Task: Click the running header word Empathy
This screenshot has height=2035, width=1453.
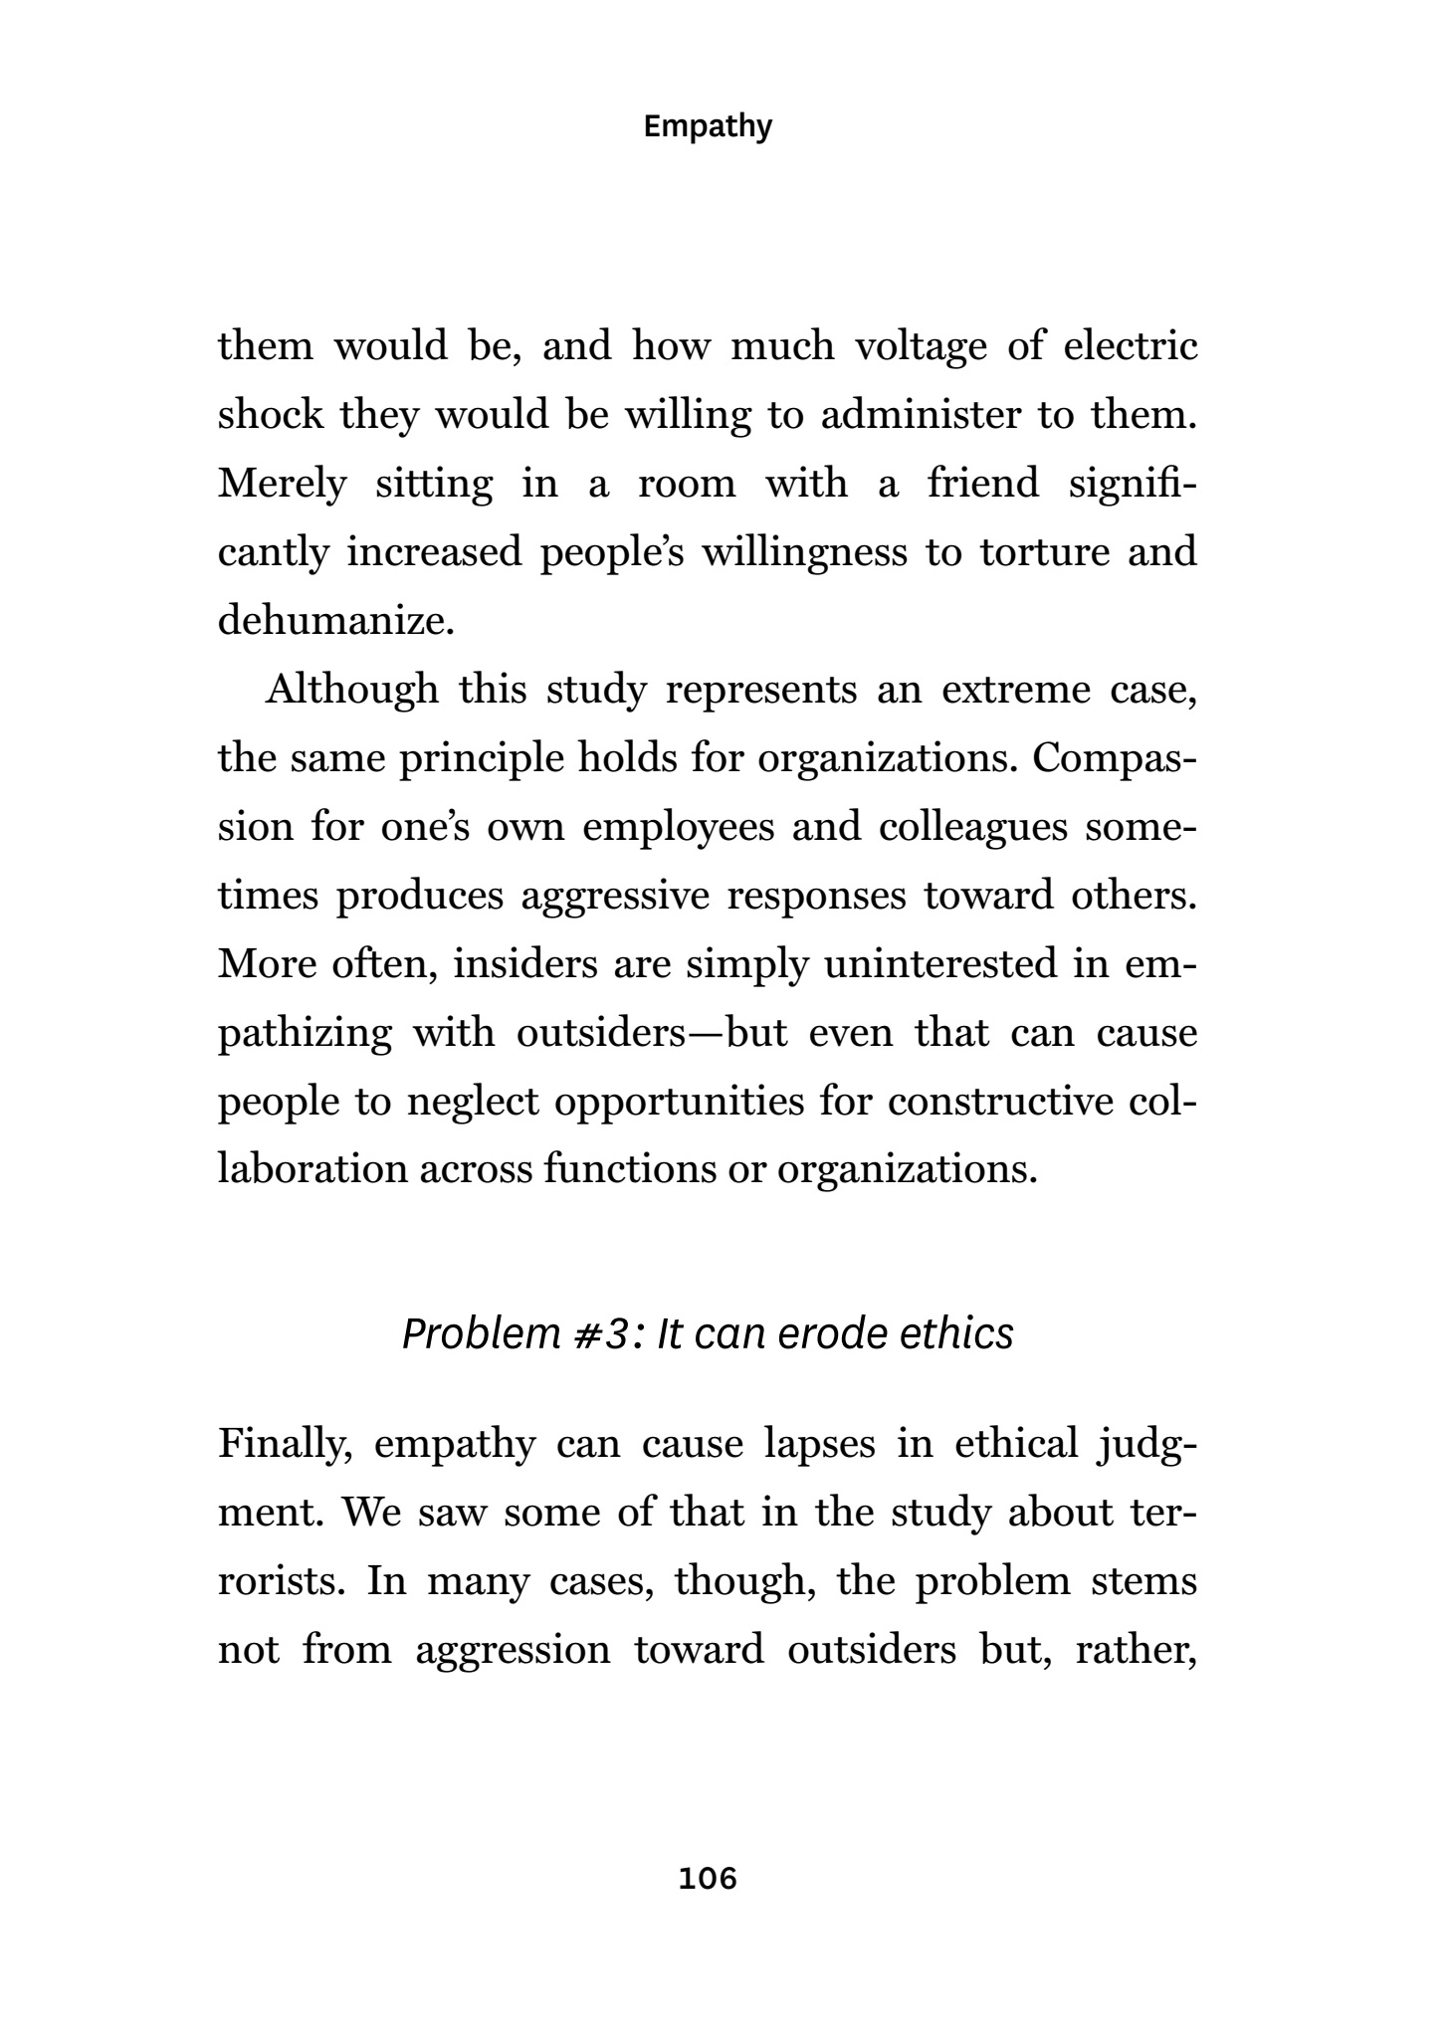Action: [x=708, y=127]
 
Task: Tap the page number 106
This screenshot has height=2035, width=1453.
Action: [x=708, y=1878]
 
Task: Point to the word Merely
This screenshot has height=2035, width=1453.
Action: [x=283, y=485]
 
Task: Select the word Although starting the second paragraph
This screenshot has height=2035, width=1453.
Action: [x=351, y=690]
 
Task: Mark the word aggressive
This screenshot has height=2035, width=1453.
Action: [x=615, y=897]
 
